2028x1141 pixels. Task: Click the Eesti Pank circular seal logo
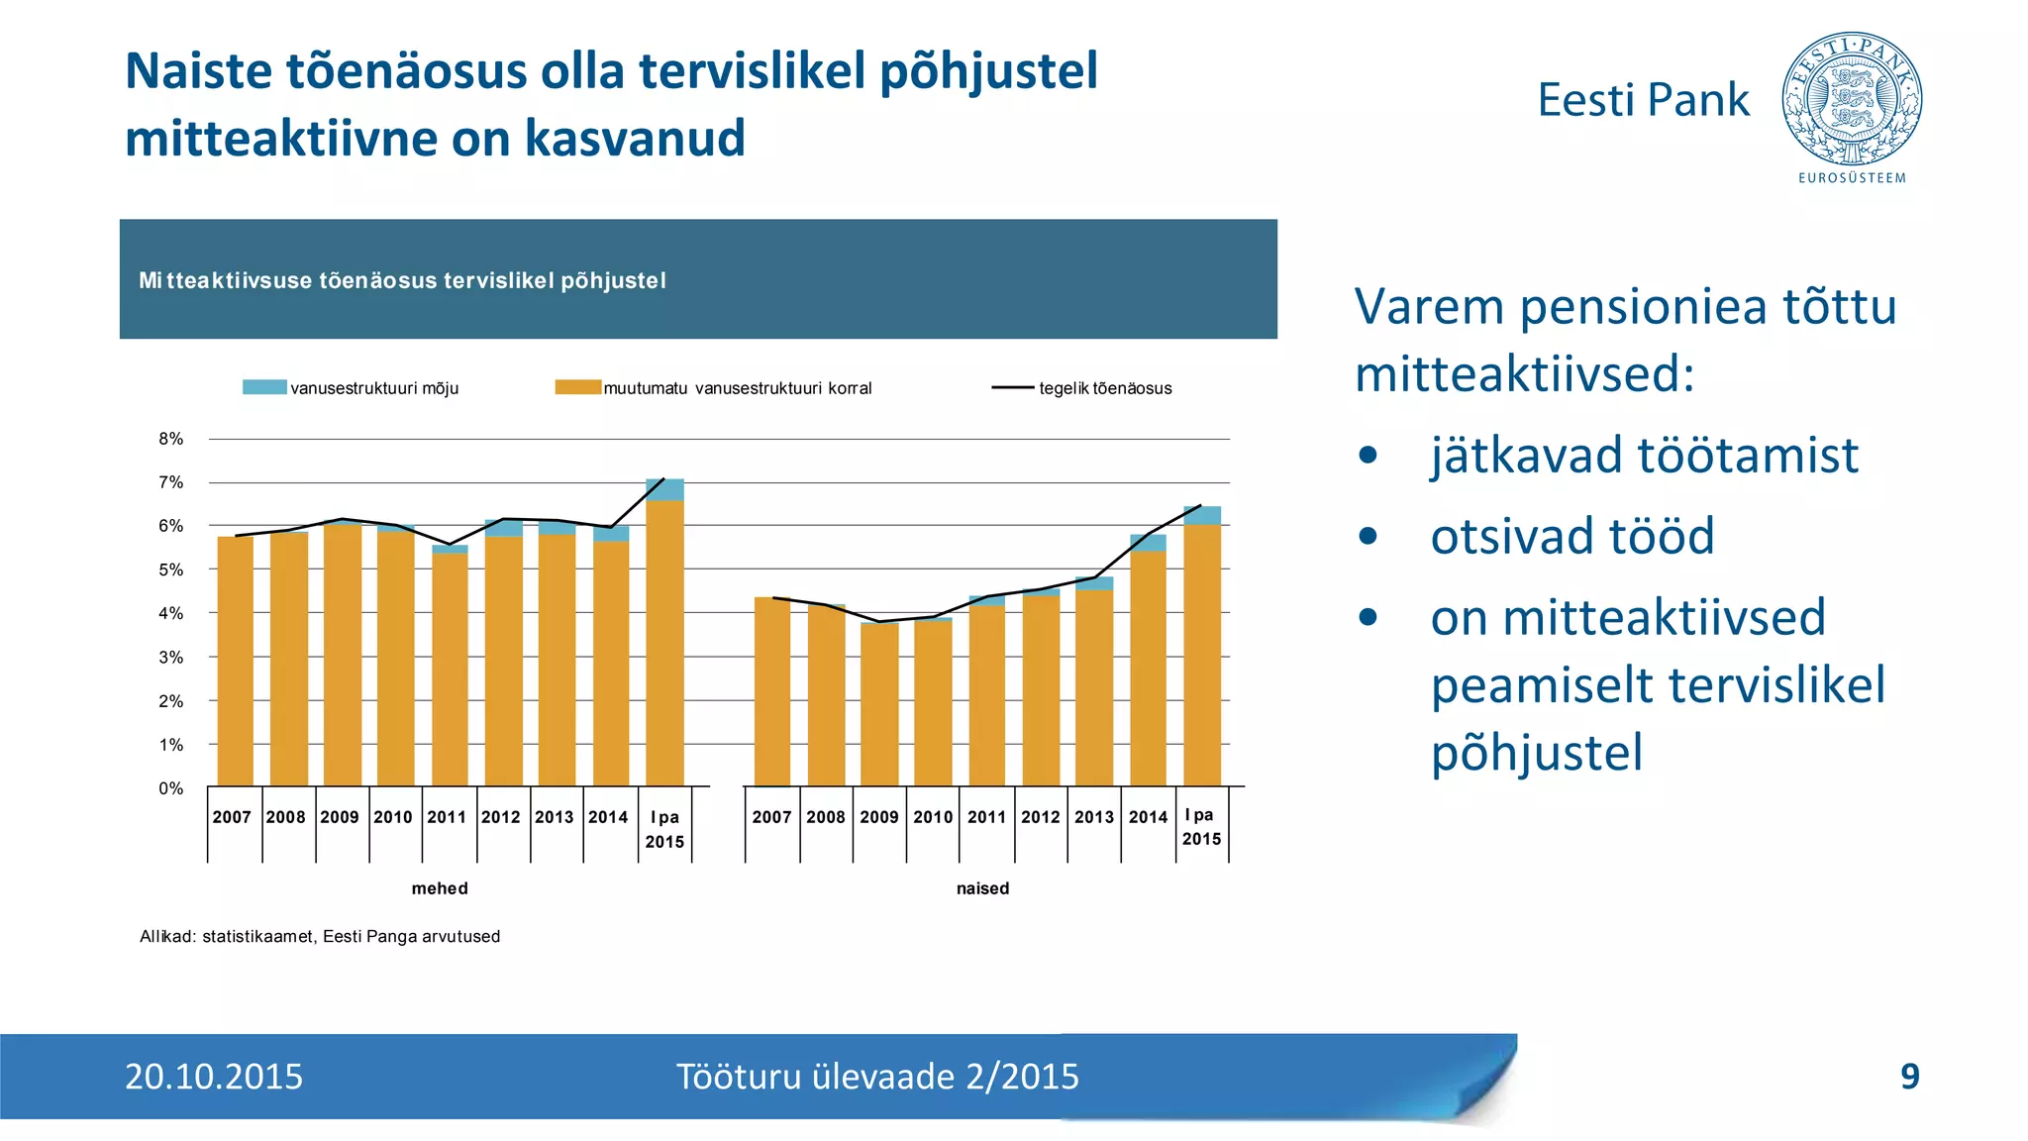click(x=1852, y=99)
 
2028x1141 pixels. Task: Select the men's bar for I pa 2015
click(x=664, y=644)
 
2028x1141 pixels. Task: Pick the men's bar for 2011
click(x=450, y=669)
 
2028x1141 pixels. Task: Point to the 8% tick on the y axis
click(x=171, y=439)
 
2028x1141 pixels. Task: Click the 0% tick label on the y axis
click(x=171, y=788)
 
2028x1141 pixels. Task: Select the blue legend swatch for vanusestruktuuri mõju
click(x=264, y=387)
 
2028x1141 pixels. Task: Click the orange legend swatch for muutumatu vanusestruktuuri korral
click(x=577, y=387)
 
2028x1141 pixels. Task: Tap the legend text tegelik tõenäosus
click(x=1105, y=388)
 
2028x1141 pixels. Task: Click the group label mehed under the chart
click(x=440, y=888)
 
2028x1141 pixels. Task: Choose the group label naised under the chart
click(x=982, y=888)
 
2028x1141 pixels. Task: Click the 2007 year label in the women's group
click(x=771, y=817)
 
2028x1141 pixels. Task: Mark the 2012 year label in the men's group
click(x=500, y=817)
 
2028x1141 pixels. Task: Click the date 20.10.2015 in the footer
click(x=214, y=1077)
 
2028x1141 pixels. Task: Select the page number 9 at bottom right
click(x=1910, y=1077)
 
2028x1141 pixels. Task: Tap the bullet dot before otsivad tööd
click(x=1369, y=537)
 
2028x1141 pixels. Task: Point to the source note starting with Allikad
click(x=320, y=936)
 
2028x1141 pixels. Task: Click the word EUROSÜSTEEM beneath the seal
click(x=1852, y=178)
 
